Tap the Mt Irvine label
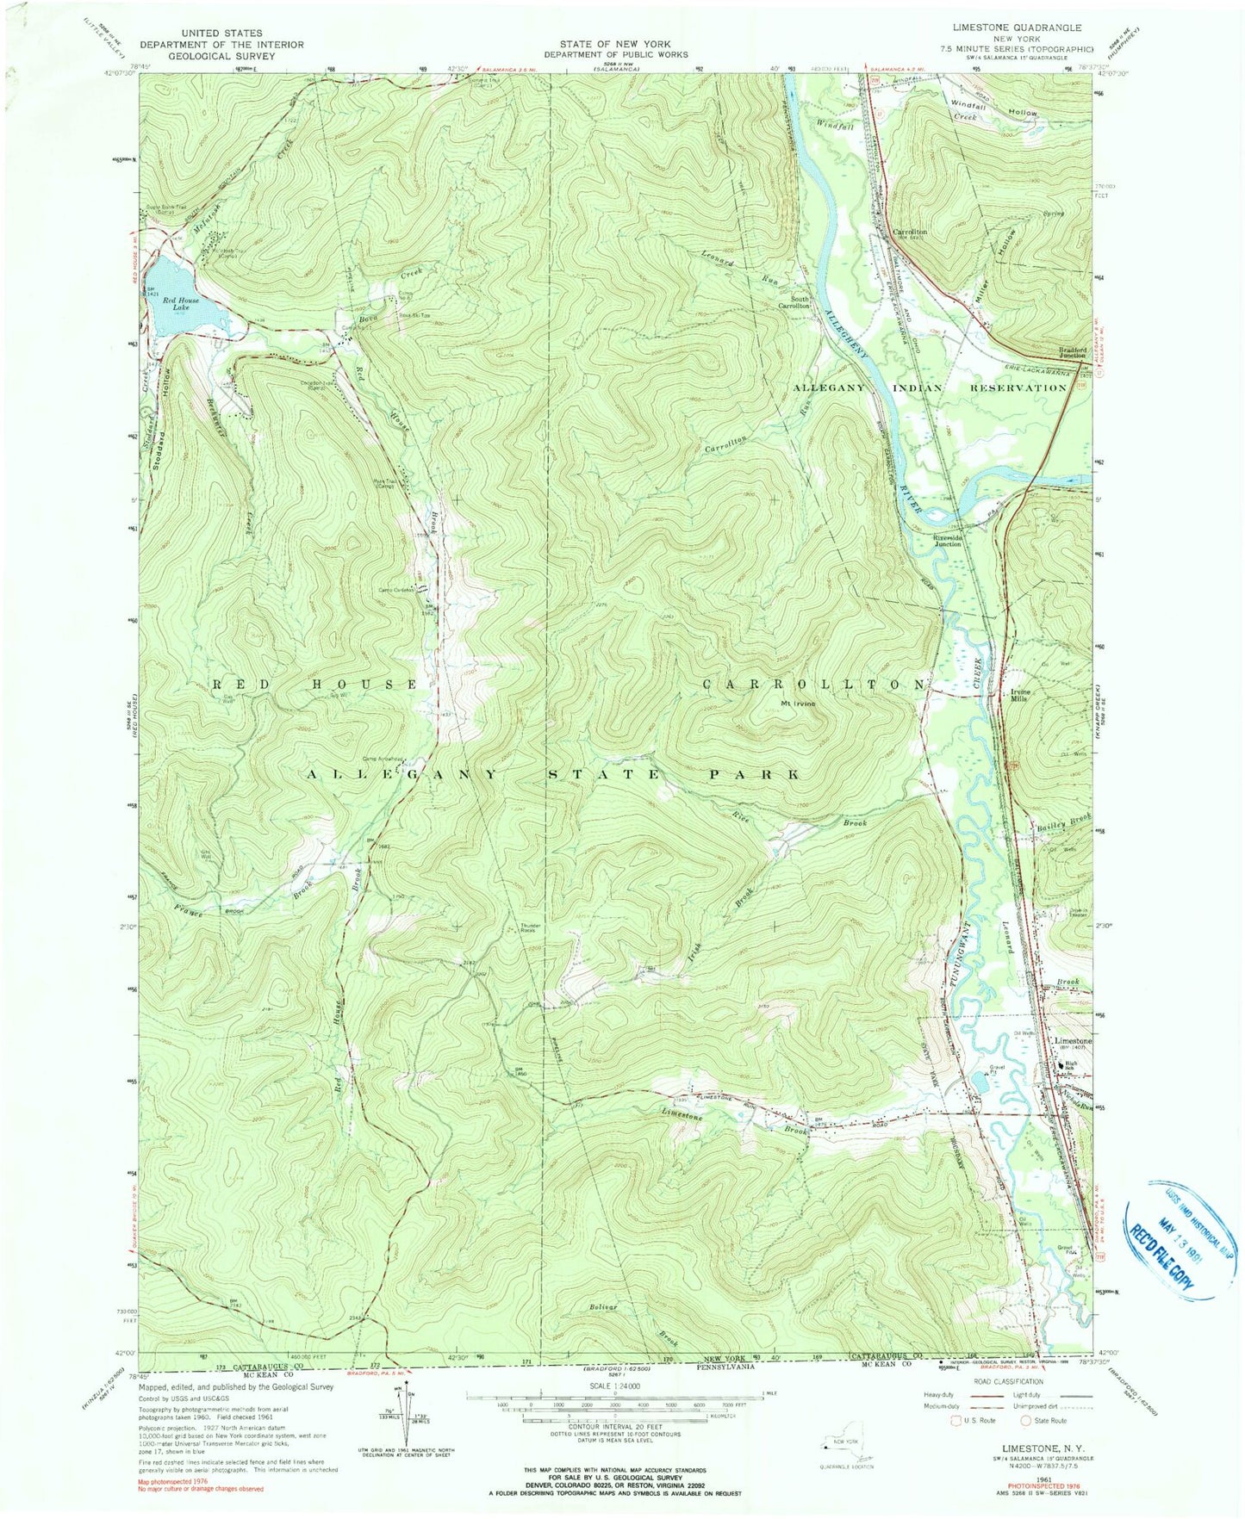[798, 703]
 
